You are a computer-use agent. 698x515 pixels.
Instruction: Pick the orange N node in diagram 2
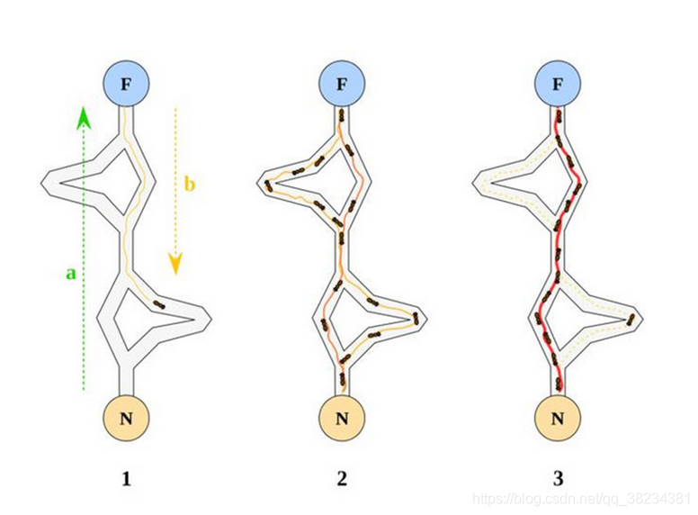(x=342, y=417)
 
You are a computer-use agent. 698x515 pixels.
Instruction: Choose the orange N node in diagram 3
(x=558, y=417)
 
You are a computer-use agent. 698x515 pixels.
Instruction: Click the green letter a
(x=71, y=271)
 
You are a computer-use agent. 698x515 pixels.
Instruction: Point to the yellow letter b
(x=189, y=185)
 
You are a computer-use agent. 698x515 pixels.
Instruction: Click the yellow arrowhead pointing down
(x=175, y=263)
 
